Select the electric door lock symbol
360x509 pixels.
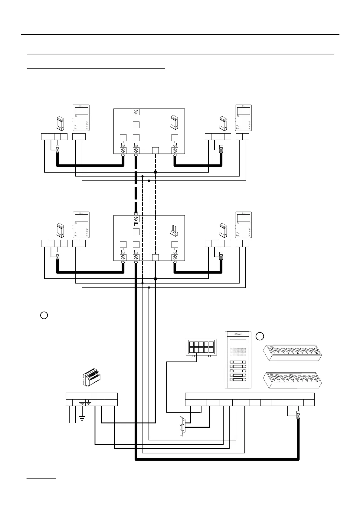click(182, 426)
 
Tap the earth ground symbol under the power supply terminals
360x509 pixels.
click(82, 418)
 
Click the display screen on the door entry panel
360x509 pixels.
click(238, 343)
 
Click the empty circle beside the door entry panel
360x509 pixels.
click(260, 336)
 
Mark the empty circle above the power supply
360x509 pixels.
click(44, 315)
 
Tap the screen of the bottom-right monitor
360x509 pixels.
click(244, 218)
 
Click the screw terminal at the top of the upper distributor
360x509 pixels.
click(136, 112)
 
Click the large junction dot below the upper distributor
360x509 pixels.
click(155, 172)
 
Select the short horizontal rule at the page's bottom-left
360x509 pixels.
click(41, 479)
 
